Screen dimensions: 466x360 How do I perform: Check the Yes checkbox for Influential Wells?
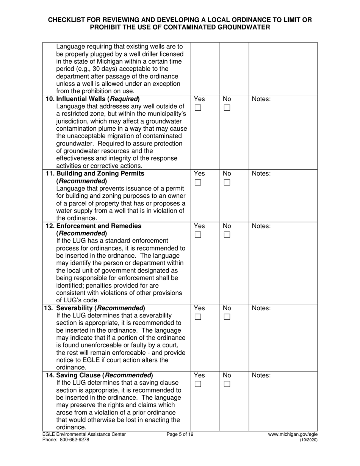(198, 108)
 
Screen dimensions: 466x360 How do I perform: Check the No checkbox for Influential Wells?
(227, 108)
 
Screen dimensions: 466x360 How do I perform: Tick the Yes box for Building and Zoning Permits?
(198, 183)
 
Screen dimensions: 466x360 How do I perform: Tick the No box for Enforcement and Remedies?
(227, 235)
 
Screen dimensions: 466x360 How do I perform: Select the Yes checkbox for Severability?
(198, 317)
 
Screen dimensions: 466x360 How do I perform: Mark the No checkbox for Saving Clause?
(227, 384)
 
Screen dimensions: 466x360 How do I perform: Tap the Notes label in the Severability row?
(261, 308)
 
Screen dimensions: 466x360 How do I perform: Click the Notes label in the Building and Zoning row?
(261, 174)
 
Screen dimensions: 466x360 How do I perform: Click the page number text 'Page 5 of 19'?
(180, 435)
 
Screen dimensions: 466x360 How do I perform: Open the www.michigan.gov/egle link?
(293, 435)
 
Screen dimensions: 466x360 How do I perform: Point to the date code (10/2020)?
(308, 440)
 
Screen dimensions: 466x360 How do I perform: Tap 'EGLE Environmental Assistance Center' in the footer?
(84, 435)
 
